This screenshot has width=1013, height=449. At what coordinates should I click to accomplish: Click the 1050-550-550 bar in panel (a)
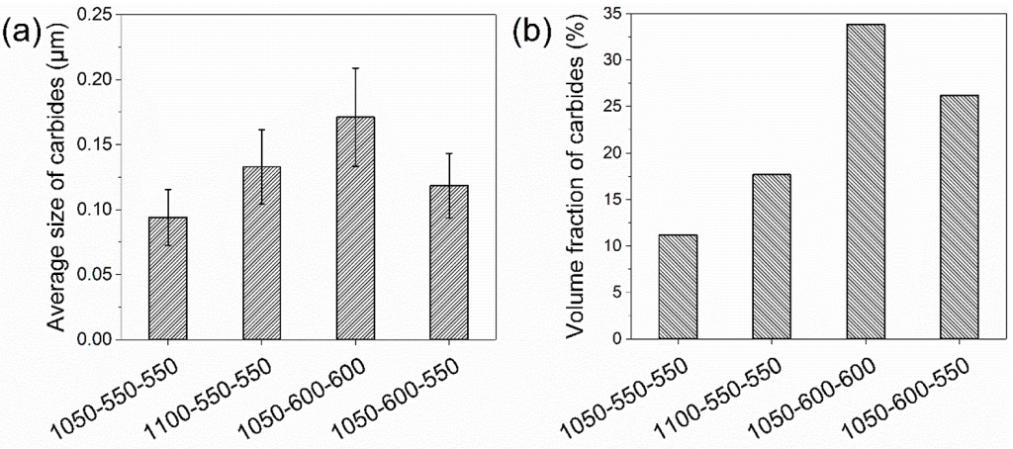point(167,279)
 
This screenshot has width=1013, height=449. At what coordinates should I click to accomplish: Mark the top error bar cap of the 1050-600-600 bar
point(355,68)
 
